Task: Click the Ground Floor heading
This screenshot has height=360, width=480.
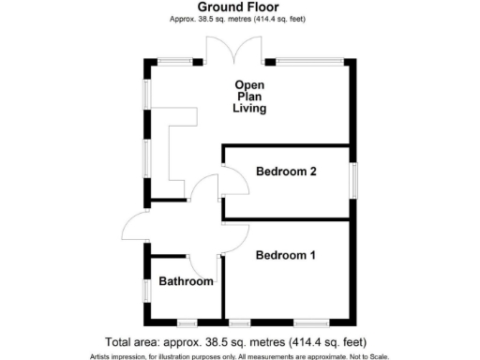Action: click(240, 7)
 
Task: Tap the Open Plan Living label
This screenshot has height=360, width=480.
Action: click(250, 97)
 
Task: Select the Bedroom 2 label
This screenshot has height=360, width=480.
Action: click(287, 172)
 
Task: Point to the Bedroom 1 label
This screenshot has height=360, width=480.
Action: click(286, 255)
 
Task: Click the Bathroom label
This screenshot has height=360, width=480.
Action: click(183, 281)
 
